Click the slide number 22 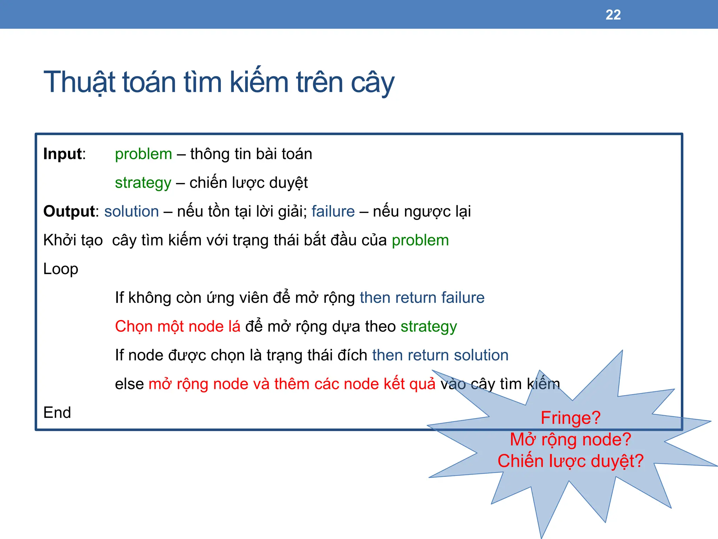(613, 15)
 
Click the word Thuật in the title (79, 82)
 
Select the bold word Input (62, 154)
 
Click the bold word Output (69, 212)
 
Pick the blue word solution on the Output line (131, 212)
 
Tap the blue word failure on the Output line (333, 212)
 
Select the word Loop (61, 269)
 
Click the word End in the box (57, 413)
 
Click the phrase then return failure (422, 298)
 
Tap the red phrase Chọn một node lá (178, 327)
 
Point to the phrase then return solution (440, 355)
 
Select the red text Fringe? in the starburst (570, 418)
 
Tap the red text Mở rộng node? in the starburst (570, 440)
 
